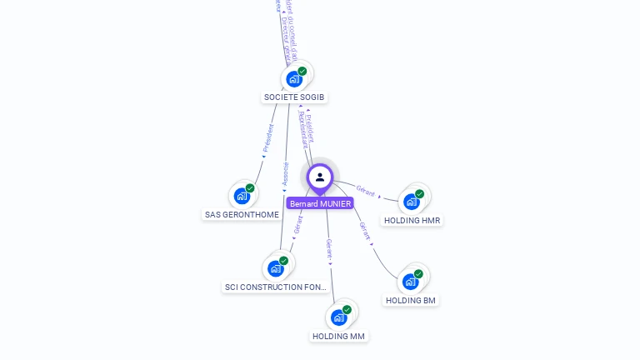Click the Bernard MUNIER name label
tap(320, 203)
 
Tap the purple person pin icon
tap(320, 177)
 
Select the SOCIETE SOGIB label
tap(294, 97)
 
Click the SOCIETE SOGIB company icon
tap(294, 79)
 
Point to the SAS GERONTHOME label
tap(242, 215)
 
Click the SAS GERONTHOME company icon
tap(242, 197)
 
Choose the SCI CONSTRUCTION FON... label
tap(276, 287)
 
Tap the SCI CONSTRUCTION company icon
tap(276, 269)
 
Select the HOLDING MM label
tap(338, 337)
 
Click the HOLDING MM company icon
tap(338, 317)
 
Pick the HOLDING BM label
tap(411, 300)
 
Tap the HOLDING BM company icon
tap(410, 282)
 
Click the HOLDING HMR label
tap(412, 221)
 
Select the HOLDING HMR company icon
tap(411, 202)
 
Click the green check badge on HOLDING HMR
tap(419, 194)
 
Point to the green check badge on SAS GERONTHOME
tap(250, 188)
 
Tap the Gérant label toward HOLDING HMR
tap(365, 191)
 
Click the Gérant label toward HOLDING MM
tap(329, 249)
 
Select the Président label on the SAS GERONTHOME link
tap(268, 137)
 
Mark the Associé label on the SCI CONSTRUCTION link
tap(286, 174)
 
